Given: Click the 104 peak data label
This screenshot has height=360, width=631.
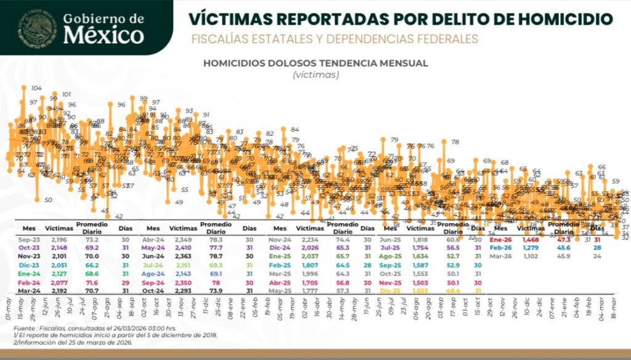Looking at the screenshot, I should click(38, 88).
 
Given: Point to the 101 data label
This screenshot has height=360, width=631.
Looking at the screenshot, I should click(67, 94).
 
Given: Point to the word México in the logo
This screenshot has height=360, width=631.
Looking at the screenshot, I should click(104, 35).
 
